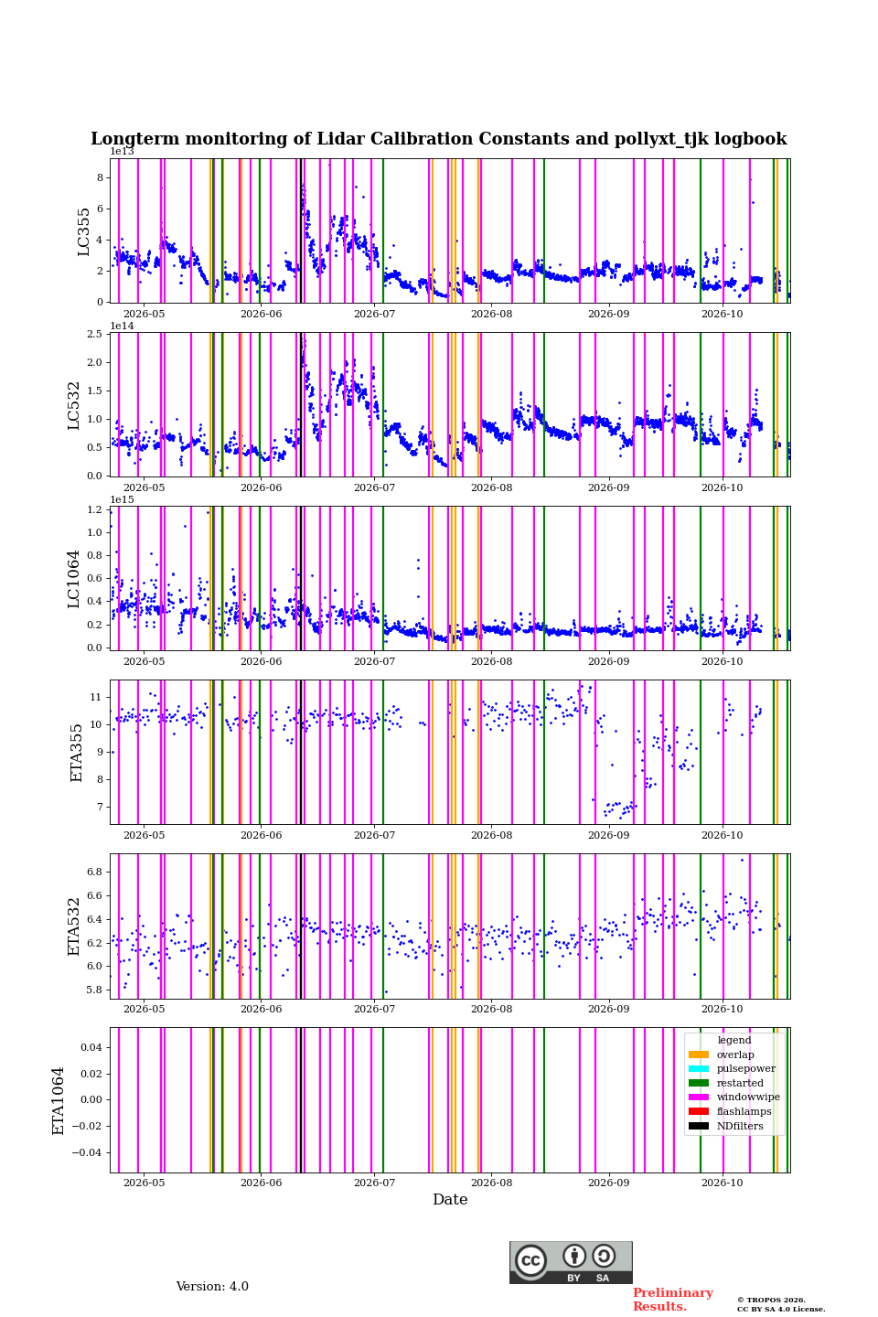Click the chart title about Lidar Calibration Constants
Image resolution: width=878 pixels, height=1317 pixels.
[x=438, y=139]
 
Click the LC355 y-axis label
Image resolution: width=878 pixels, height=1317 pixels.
[x=83, y=231]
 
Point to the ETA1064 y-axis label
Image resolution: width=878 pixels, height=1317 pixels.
[x=59, y=1101]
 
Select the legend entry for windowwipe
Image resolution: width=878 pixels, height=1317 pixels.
[x=733, y=1097]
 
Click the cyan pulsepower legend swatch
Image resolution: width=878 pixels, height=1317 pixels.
[x=699, y=1069]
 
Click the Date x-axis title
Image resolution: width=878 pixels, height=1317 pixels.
[x=450, y=1199]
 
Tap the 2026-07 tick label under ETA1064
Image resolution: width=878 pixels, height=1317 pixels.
[x=374, y=1183]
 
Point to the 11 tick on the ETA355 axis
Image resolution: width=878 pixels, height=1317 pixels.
[x=96, y=697]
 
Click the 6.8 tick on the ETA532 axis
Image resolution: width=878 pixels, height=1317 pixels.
[x=95, y=872]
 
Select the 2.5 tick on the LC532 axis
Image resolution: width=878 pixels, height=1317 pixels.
[x=95, y=334]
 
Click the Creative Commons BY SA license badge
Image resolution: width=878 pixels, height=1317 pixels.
[x=571, y=1262]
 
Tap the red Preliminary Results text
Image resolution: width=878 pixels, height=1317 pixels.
[x=673, y=1300]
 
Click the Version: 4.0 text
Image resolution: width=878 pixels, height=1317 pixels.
[x=212, y=1287]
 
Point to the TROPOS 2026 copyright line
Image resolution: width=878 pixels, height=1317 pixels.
[x=772, y=1300]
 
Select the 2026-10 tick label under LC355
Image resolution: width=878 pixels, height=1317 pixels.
[x=723, y=314]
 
